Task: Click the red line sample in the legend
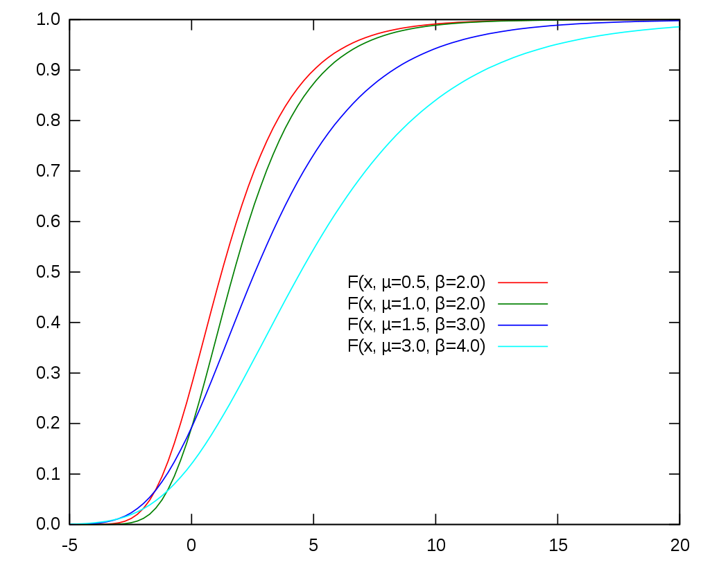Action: tap(523, 282)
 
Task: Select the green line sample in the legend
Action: tap(523, 304)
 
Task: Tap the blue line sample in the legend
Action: tap(523, 325)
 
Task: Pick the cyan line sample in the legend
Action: tap(523, 346)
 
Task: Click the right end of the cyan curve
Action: tap(678, 27)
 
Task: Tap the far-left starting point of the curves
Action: tap(71, 524)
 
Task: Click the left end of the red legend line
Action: tap(499, 282)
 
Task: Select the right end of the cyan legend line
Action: tap(548, 346)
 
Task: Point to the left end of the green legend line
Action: tap(499, 304)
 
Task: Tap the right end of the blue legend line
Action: tap(548, 325)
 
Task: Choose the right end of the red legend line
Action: tap(548, 282)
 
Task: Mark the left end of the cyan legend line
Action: tap(499, 346)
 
